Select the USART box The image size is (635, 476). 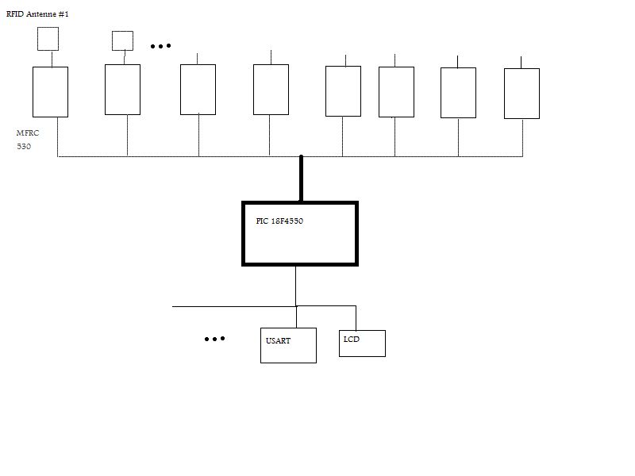(x=288, y=345)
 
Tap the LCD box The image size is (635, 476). (x=362, y=344)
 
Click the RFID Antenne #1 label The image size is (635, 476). (x=37, y=14)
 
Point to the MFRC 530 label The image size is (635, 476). (x=28, y=140)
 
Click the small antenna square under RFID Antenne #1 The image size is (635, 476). (x=48, y=38)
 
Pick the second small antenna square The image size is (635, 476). (x=122, y=40)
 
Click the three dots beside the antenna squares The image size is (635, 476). (x=160, y=46)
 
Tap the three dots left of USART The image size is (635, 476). (x=214, y=339)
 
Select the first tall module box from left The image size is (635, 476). (x=50, y=92)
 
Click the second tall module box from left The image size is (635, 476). (x=122, y=90)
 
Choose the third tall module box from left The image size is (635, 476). (x=198, y=90)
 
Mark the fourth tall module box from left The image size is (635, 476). (x=271, y=90)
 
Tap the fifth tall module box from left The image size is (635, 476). (x=343, y=91)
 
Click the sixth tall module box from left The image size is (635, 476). (x=396, y=92)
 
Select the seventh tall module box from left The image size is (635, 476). (x=458, y=93)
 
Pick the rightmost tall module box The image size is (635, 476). (x=521, y=94)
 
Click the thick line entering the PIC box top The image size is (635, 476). (x=301, y=178)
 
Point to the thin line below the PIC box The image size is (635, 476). (x=296, y=286)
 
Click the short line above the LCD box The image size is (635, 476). (x=356, y=317)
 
